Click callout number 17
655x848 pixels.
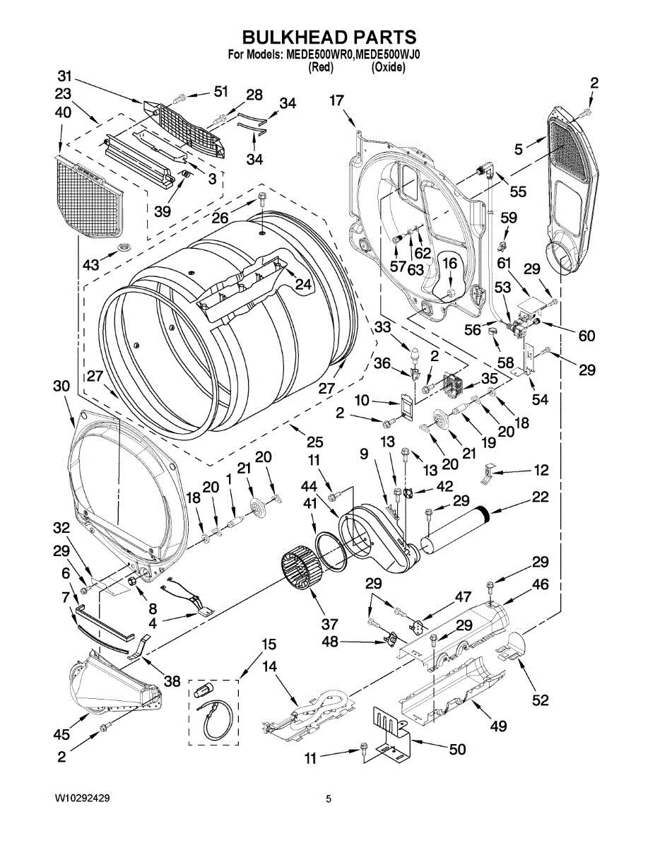(x=337, y=101)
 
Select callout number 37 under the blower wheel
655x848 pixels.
(x=329, y=624)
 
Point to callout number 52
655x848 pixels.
(x=539, y=700)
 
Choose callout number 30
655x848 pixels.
(x=61, y=387)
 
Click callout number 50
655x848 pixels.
(x=457, y=749)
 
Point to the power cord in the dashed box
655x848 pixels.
(x=212, y=717)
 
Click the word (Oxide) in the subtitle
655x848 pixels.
(x=388, y=68)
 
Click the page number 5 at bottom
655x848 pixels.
(x=329, y=799)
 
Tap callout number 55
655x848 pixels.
(x=518, y=191)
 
